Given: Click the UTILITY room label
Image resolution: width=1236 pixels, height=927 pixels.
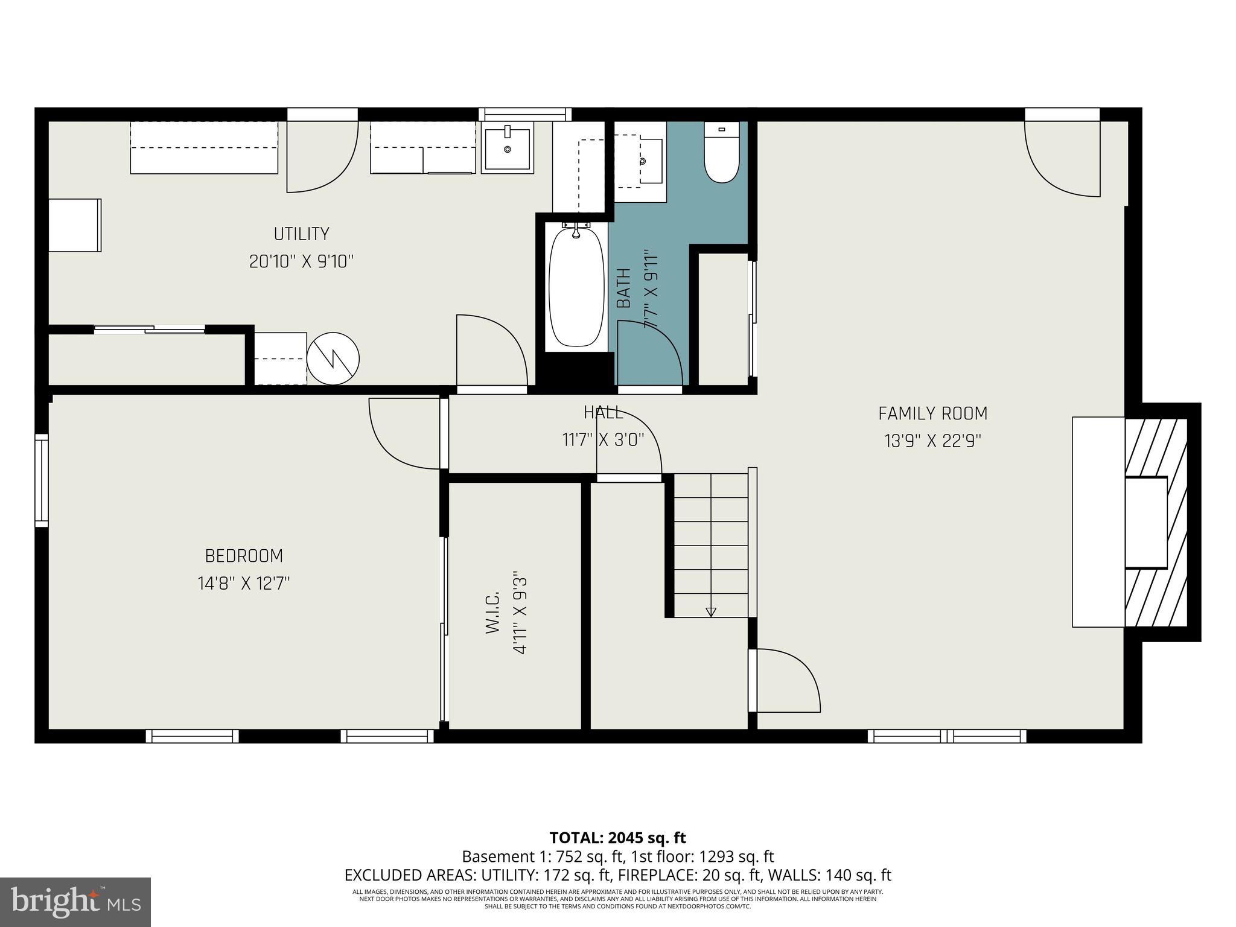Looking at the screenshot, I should [301, 234].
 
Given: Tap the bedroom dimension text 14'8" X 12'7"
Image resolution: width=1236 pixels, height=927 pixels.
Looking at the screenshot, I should [244, 584].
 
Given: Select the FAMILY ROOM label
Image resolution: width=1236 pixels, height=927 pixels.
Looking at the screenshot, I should [932, 413].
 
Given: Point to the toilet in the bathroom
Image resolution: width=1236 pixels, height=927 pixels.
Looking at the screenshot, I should [721, 154].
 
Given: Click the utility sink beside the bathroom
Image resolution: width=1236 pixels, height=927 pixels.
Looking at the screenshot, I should [508, 148].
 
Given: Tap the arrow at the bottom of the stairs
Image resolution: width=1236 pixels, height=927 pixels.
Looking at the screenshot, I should [711, 611].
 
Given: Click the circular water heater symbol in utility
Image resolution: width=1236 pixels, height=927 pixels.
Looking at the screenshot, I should [333, 359].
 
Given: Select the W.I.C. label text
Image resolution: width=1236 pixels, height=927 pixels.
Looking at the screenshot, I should [492, 613].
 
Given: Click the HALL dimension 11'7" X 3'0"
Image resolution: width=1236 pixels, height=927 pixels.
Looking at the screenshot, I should [603, 440].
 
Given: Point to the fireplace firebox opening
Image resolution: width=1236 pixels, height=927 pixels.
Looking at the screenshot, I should [1145, 522].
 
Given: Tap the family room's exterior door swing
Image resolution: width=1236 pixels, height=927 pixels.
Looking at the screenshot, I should [1062, 158].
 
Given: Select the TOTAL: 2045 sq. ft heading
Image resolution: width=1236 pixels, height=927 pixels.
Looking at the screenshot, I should [617, 838].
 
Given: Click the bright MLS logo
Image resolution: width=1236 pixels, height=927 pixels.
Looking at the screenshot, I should [75, 902].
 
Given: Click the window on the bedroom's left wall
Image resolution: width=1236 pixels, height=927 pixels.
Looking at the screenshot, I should [41, 480].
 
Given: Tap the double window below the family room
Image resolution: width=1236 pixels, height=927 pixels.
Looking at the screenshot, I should [946, 736].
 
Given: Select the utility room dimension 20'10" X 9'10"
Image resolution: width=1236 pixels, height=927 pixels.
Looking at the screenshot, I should [301, 261].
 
